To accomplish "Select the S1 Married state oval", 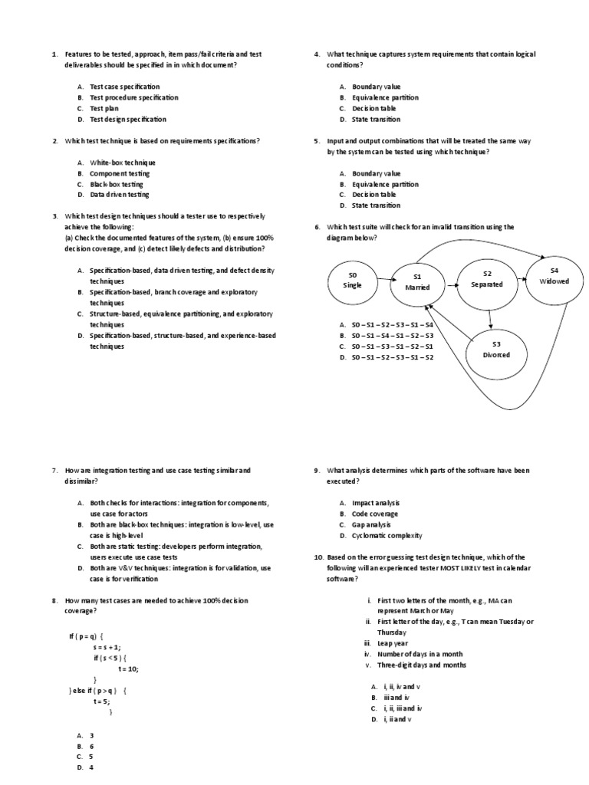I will tap(418, 282).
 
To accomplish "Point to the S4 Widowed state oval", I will tap(554, 276).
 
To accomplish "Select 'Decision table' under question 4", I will tap(374, 108).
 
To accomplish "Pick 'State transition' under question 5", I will tap(376, 205).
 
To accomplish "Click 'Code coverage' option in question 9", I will tap(373, 513).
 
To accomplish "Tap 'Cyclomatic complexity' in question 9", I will tap(387, 534).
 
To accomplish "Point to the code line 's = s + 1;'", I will tap(107, 647).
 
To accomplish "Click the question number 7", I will tap(55, 469).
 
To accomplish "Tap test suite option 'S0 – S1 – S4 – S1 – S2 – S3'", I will tap(392, 335).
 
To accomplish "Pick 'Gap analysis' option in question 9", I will tap(371, 524).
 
